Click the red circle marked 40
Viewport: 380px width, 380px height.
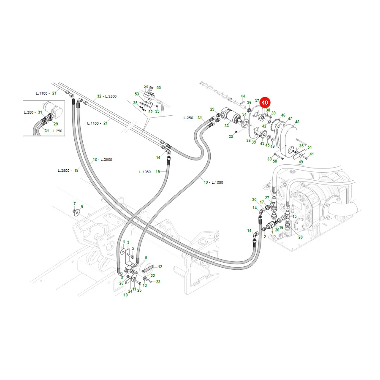[x=265, y=103]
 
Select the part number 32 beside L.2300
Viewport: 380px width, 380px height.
[x=99, y=96]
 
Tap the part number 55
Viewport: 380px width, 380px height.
[x=158, y=88]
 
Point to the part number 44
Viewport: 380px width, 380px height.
[x=243, y=96]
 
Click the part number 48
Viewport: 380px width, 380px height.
[x=297, y=122]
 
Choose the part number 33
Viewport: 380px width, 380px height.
[x=227, y=125]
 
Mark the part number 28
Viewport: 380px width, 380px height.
[x=301, y=237]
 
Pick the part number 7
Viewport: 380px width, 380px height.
[x=75, y=204]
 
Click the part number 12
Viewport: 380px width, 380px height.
[x=160, y=266]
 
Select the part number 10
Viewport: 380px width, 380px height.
[x=125, y=295]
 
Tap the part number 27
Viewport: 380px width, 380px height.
[x=267, y=198]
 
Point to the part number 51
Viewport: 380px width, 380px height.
[x=309, y=147]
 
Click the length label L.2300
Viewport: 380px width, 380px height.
[x=111, y=96]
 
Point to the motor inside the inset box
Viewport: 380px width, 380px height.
[x=53, y=109]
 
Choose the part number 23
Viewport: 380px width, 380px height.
[x=158, y=282]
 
